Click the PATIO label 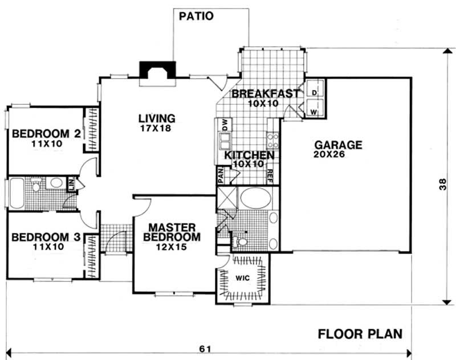[x=196, y=16]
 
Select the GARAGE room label [x=340, y=145]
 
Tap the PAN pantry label [x=219, y=174]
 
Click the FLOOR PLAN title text [x=360, y=334]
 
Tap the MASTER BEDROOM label [x=172, y=232]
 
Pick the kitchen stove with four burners [x=273, y=140]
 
